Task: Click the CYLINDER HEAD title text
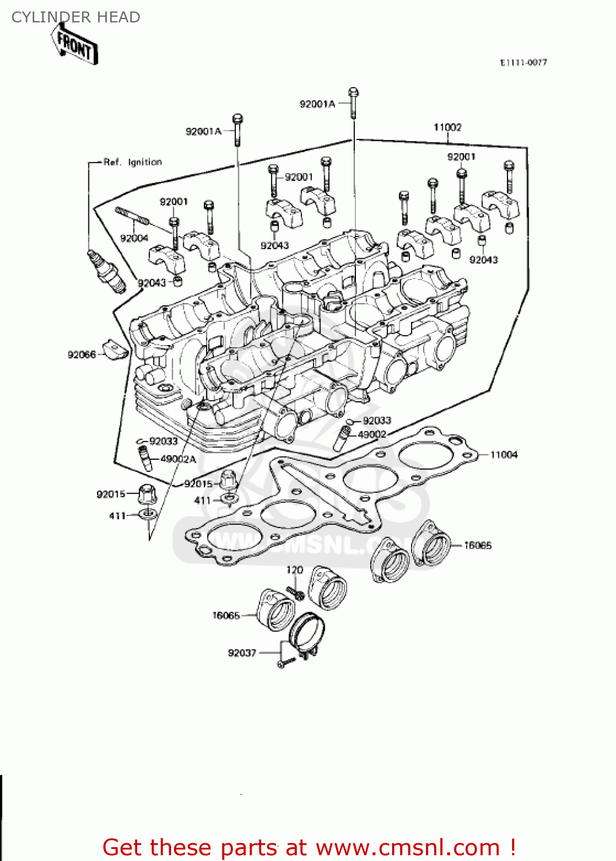pos(76,17)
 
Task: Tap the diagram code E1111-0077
pos(523,63)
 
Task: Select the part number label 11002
pos(447,127)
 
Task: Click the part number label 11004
pos(503,455)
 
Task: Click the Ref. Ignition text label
pos(133,162)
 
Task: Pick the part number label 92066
pos(82,355)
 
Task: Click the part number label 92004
pos(134,238)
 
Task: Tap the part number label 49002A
pos(178,459)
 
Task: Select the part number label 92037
pos(242,653)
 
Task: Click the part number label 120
pos(295,570)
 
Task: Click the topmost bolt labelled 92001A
pos(354,102)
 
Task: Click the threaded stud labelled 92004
pos(133,216)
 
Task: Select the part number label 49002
pos(371,435)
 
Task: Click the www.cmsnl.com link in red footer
pos(408,847)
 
